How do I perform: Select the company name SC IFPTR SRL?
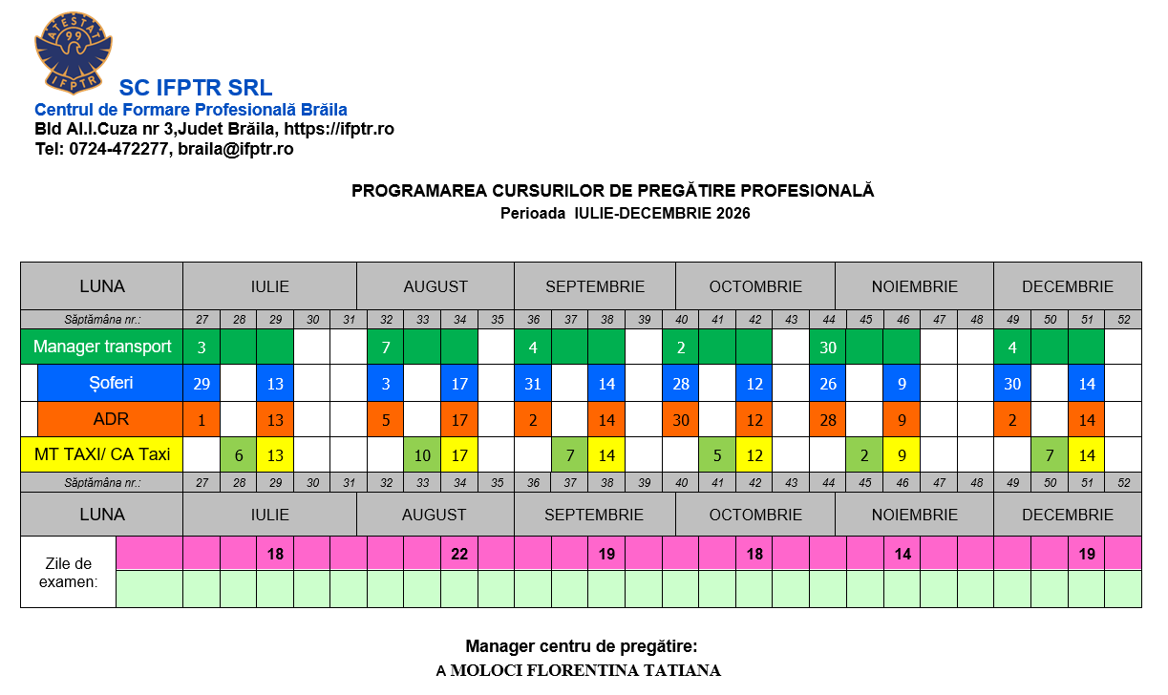(196, 88)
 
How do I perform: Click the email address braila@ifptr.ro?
(235, 149)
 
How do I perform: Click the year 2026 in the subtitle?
(731, 213)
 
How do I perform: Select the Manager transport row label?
(102, 347)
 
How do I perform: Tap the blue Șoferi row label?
(110, 383)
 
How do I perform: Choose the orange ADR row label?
(110, 419)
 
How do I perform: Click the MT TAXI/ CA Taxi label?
(102, 454)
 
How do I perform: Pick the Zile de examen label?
(69, 571)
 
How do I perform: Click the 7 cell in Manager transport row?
(386, 347)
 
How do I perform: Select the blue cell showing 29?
(202, 383)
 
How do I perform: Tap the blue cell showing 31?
(533, 383)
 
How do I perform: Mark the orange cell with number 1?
(202, 419)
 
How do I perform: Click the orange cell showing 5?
(386, 419)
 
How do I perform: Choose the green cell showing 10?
(422, 455)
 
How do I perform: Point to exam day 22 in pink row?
(459, 554)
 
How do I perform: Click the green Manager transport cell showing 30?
(828, 347)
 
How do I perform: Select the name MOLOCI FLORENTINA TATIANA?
(585, 670)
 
